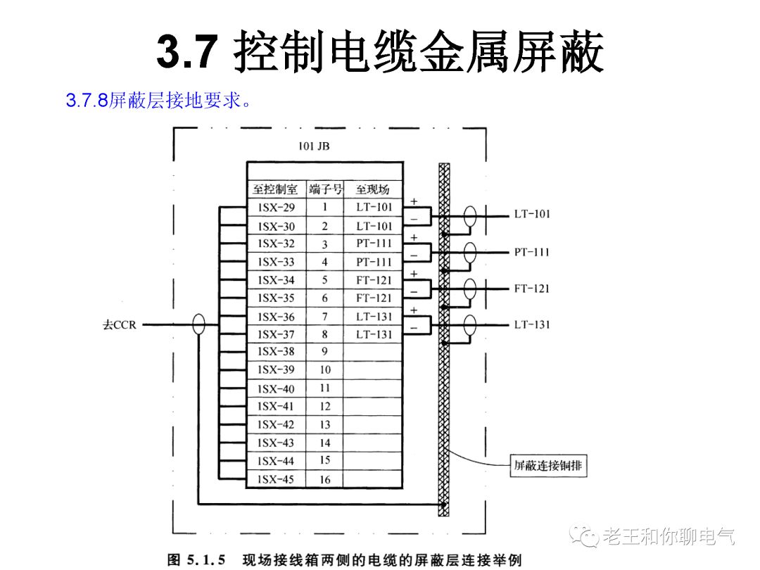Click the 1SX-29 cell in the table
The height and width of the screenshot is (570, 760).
pos(277,208)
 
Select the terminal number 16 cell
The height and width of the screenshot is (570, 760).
pos(324,479)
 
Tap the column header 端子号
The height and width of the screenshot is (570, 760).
pos(324,189)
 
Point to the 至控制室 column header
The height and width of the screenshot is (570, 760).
pos(277,189)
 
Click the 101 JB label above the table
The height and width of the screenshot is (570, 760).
pos(313,147)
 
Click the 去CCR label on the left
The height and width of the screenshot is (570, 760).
pos(119,325)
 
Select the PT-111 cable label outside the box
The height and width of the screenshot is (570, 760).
pos(531,252)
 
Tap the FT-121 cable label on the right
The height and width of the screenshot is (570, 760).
pos(531,289)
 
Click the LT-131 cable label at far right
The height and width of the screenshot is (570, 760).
pos(531,324)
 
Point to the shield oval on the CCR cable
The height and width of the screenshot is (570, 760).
pos(199,324)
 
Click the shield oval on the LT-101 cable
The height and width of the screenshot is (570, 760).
pos(469,215)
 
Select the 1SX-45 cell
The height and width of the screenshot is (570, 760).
pos(277,479)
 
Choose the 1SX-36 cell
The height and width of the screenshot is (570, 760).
pos(277,317)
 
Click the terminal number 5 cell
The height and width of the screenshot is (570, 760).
pos(324,280)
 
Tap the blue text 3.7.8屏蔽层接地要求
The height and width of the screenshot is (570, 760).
pos(158,101)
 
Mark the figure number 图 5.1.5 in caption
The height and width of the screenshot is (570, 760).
pos(196,560)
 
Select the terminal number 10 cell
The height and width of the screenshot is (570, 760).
pos(324,370)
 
